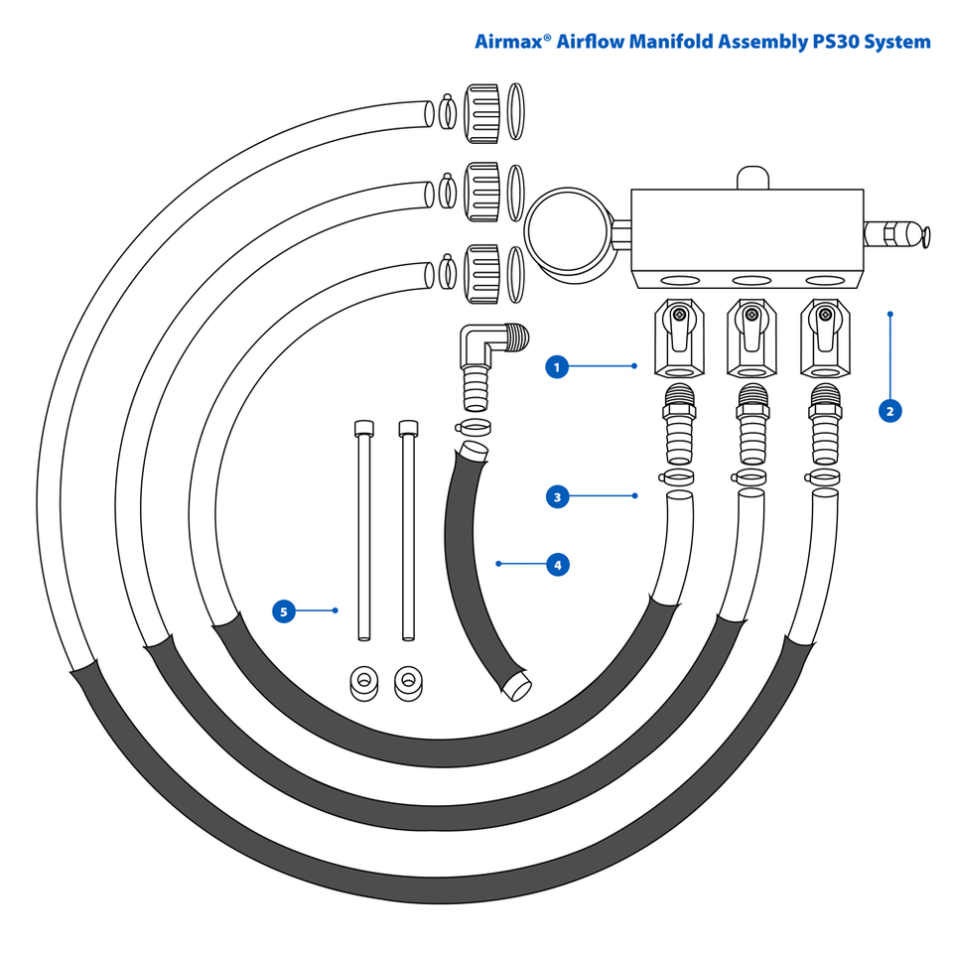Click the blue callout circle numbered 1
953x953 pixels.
pos(558,367)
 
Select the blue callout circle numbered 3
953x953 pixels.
pos(558,495)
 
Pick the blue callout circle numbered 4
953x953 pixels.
pos(558,565)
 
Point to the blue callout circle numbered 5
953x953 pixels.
pos(284,612)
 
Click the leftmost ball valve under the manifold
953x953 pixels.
pos(678,339)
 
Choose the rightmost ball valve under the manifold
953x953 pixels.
pos(825,339)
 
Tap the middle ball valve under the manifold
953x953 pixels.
pos(751,339)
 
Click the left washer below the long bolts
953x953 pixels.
pos(362,682)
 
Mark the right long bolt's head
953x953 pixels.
pos(407,429)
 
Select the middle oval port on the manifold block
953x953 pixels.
pos(751,281)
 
